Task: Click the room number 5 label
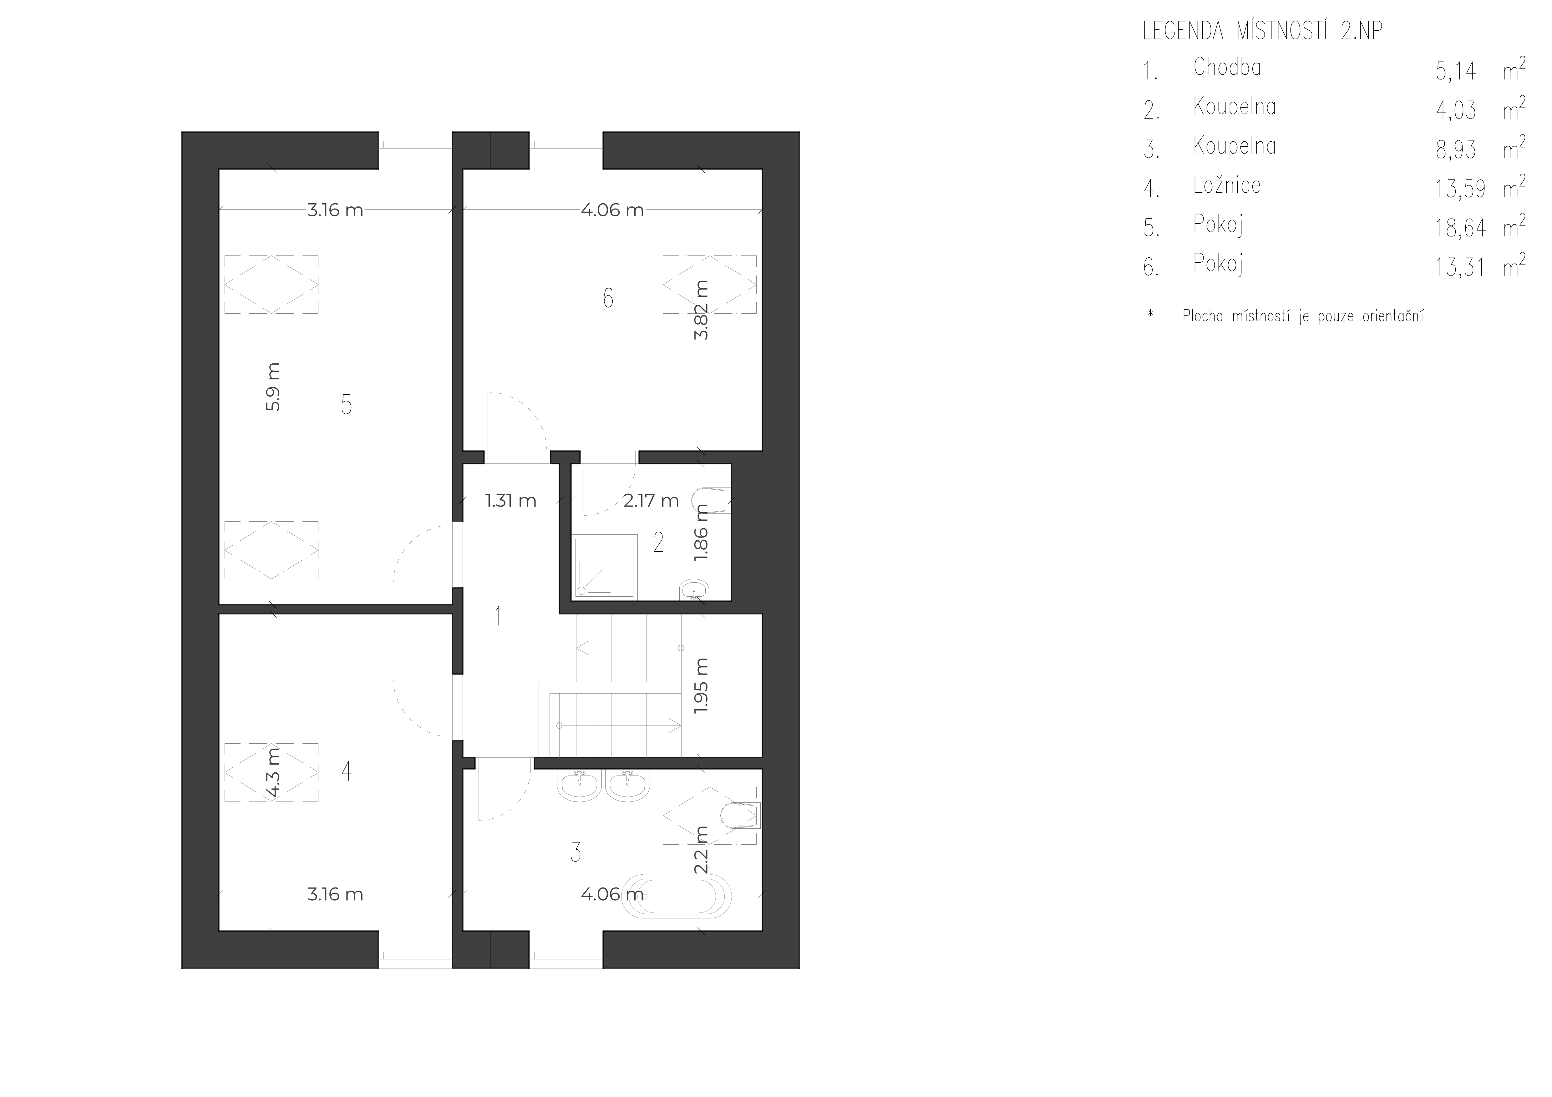click(x=346, y=405)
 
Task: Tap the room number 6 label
click(x=608, y=298)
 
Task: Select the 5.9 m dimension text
click(x=273, y=387)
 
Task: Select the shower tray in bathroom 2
click(x=605, y=566)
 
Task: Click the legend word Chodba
click(x=1227, y=67)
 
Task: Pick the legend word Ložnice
click(x=1227, y=185)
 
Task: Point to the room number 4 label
click(x=346, y=771)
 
